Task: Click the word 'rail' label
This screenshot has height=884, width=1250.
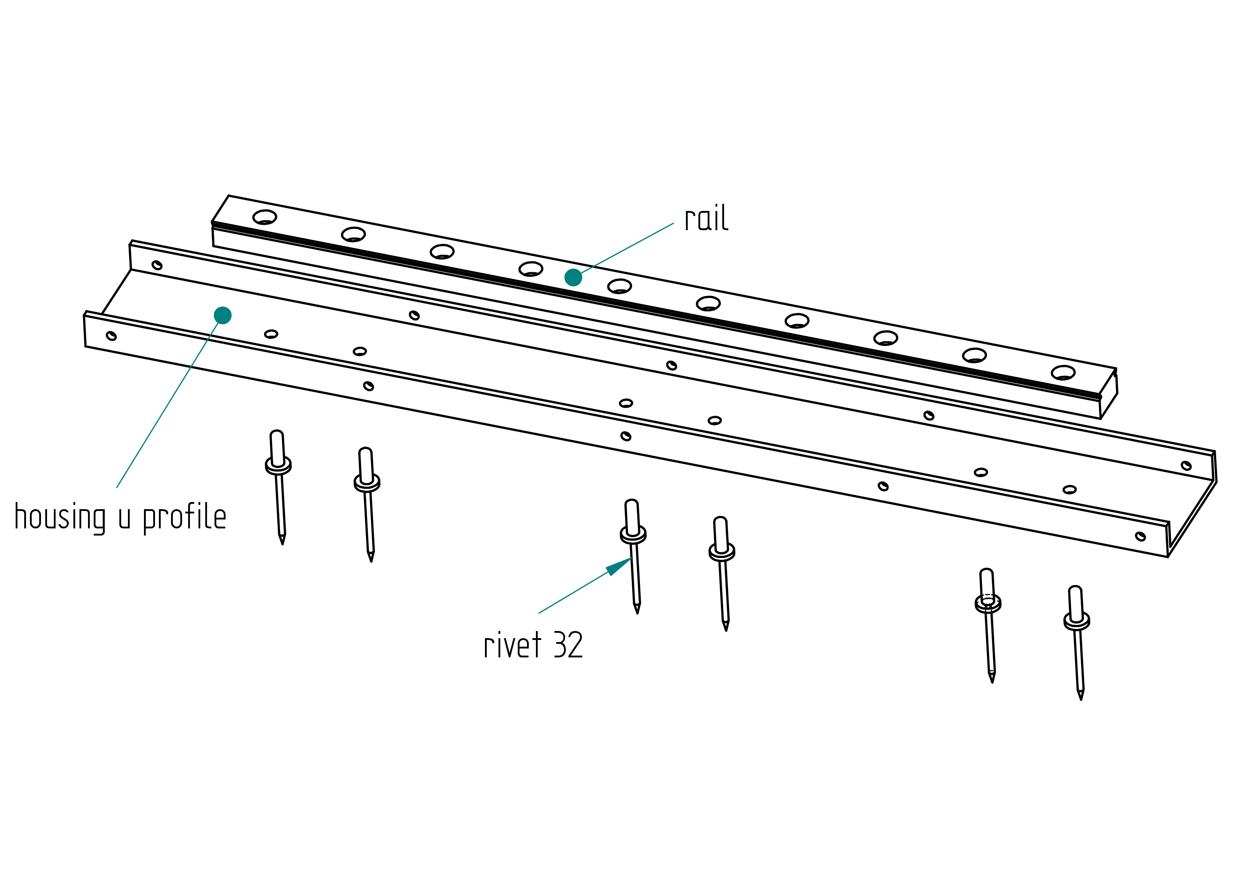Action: (706, 219)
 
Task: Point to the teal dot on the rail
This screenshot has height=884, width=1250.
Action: (573, 278)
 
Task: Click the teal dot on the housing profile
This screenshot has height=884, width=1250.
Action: (223, 315)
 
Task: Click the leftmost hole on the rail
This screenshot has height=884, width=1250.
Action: (265, 217)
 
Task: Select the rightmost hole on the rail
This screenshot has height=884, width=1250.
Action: (1063, 373)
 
